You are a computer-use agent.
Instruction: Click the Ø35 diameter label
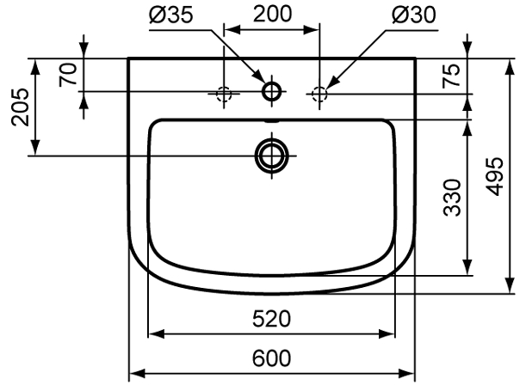tap(171, 15)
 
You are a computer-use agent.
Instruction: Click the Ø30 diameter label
tap(414, 15)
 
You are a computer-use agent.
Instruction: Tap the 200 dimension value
tap(272, 14)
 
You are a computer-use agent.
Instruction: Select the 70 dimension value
tap(68, 76)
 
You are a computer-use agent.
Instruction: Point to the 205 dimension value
tap(21, 107)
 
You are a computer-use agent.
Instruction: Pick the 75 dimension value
tap(451, 76)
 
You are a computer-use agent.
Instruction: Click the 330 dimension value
tap(452, 198)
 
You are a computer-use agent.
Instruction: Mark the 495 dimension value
tap(495, 176)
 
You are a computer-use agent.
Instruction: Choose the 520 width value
tap(271, 319)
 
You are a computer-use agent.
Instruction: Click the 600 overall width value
tap(271, 358)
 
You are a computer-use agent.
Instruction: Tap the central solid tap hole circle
tap(271, 91)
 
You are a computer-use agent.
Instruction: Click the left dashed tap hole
tap(224, 94)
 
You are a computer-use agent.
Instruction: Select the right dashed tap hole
tap(319, 94)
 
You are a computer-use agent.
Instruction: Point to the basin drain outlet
tap(271, 156)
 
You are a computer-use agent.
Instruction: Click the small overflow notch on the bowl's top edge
tap(271, 121)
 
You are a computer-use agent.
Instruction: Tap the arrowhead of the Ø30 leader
tap(331, 83)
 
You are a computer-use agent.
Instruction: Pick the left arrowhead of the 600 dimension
tap(137, 373)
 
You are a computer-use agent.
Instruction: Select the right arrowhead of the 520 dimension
tap(387, 333)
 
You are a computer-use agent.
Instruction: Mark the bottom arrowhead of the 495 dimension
tap(511, 285)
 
